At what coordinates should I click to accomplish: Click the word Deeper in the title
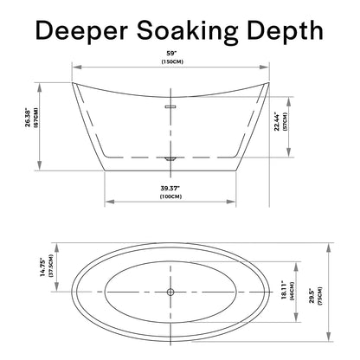tap(81, 31)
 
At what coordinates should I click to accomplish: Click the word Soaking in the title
tap(188, 31)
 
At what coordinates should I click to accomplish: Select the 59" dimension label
tap(172, 54)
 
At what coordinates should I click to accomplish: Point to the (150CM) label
tap(172, 61)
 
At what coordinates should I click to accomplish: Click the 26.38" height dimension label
tap(28, 118)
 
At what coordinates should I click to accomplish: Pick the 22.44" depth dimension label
tap(277, 121)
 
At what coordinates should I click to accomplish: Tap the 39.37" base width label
tap(170, 189)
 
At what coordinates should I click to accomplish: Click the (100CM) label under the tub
tap(170, 196)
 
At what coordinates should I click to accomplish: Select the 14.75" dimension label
tap(43, 267)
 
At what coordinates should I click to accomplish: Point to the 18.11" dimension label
tap(284, 290)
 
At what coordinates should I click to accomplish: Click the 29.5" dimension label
tap(312, 295)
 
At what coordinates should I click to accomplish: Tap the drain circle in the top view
tap(170, 292)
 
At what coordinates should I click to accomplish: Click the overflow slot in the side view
tap(170, 107)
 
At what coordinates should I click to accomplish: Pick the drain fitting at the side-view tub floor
tap(170, 158)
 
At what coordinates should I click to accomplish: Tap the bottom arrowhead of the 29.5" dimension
tap(328, 337)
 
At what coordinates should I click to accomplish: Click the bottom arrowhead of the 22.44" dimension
tap(288, 152)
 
